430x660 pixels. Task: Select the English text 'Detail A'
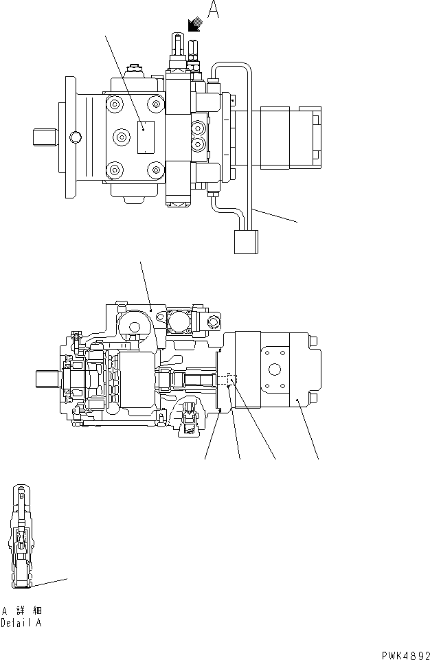pyautogui.click(x=21, y=624)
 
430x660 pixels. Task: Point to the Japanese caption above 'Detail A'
pyautogui.click(x=21, y=611)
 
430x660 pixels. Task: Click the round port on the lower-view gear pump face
pyautogui.click(x=274, y=369)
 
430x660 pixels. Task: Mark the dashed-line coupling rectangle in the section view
pyautogui.click(x=230, y=378)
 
